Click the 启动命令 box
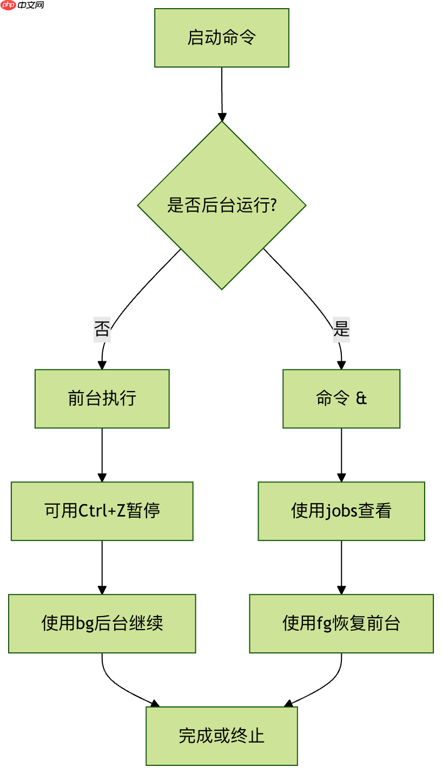[x=221, y=38]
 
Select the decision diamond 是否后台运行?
[x=221, y=206]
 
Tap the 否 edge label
[x=102, y=329]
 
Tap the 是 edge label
[x=341, y=329]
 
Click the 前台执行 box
[x=102, y=399]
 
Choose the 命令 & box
[x=341, y=399]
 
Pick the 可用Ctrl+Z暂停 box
[x=102, y=511]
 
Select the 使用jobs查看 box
[x=341, y=511]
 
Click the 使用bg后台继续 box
[x=102, y=624]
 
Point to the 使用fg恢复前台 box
[x=341, y=624]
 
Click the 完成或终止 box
[x=221, y=736]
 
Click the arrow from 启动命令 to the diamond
[x=222, y=92]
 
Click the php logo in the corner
[x=9, y=5]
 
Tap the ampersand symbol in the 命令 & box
[x=361, y=399]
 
